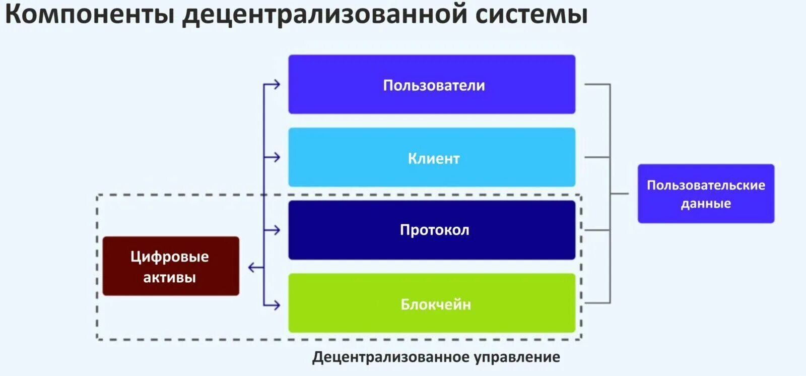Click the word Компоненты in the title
point(90,14)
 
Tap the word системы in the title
point(532,14)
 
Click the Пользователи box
point(432,84)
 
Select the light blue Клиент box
point(432,157)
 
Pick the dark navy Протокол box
point(432,230)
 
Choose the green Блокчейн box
point(432,303)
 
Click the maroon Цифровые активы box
point(171,266)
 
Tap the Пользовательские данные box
point(706,194)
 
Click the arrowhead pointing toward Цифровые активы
point(252,267)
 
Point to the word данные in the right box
point(706,204)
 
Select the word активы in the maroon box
point(169,277)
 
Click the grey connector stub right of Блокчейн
point(597,303)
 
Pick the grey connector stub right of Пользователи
point(597,84)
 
